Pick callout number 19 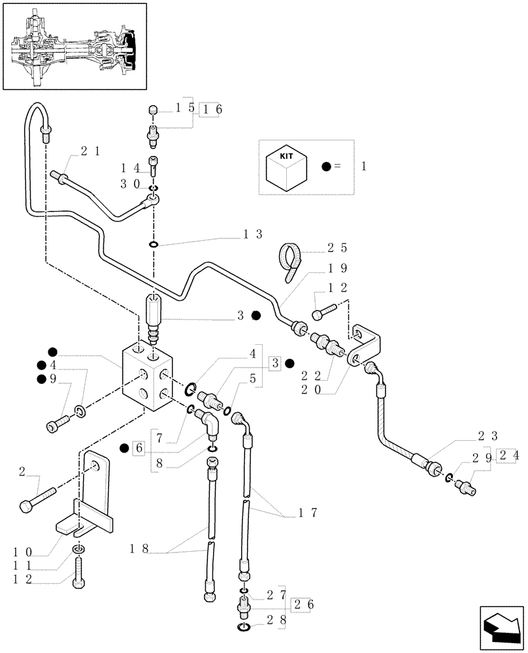click(338, 268)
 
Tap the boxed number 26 click(303, 604)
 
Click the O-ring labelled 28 click(242, 628)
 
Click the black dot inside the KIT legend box click(325, 167)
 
